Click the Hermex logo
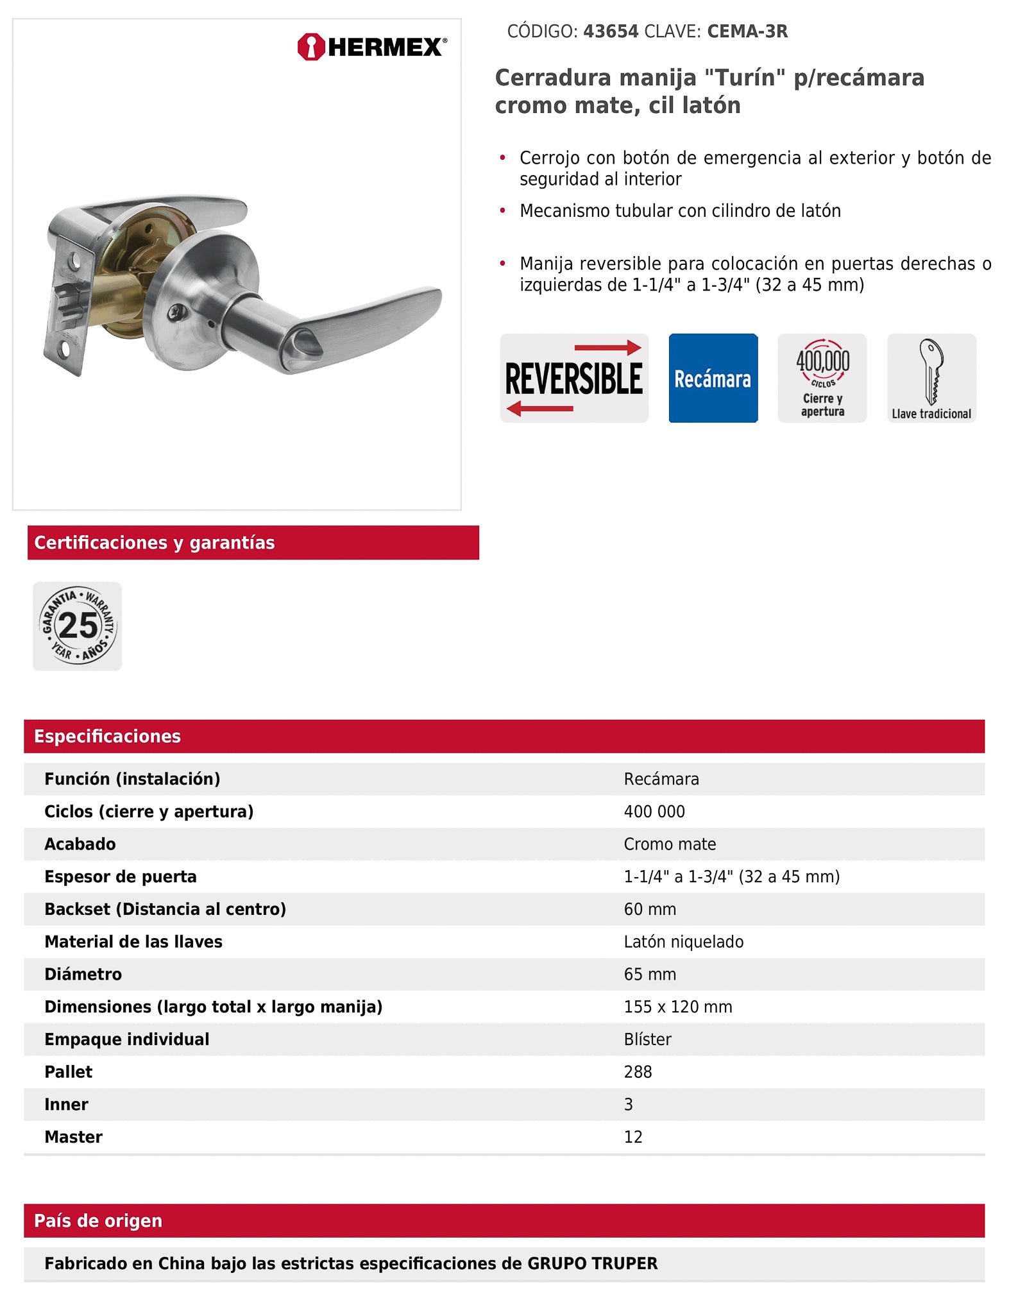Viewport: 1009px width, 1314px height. (x=372, y=47)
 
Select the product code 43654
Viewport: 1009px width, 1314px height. (x=610, y=31)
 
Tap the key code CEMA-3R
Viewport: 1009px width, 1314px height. (x=747, y=31)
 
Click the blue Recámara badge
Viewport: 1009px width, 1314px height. (x=713, y=378)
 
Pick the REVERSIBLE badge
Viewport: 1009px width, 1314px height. (x=573, y=378)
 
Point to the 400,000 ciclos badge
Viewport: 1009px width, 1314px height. (x=822, y=378)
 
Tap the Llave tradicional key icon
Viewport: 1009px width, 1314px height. (x=931, y=378)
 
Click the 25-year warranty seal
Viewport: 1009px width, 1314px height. (x=78, y=626)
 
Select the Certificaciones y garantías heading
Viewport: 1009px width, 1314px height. (x=155, y=543)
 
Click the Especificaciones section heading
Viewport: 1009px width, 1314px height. (x=107, y=736)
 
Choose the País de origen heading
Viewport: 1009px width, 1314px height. (x=98, y=1220)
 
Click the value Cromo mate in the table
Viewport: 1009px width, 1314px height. (x=670, y=844)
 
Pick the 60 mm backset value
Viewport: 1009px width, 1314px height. (x=650, y=909)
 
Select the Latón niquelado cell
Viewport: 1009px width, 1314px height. (x=683, y=942)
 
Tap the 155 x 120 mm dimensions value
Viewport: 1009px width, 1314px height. (x=678, y=1007)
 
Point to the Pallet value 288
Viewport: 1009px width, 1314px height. (x=638, y=1072)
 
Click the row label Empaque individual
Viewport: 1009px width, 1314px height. (x=126, y=1039)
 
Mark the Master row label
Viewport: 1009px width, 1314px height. (x=73, y=1137)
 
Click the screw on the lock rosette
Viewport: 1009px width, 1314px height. (x=176, y=312)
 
